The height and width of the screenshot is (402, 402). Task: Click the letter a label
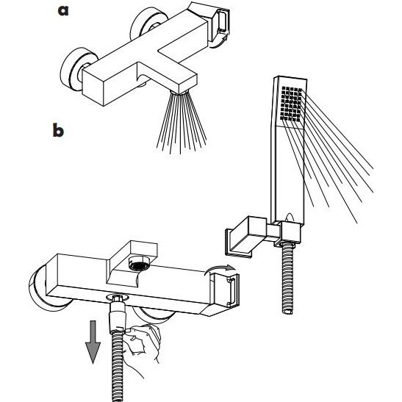click(63, 10)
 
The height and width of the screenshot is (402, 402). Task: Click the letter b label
click(58, 130)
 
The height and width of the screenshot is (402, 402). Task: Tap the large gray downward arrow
click(93, 342)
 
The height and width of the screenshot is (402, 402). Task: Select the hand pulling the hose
click(143, 343)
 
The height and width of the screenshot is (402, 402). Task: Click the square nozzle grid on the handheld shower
click(292, 104)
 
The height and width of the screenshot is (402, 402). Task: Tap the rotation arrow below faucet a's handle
click(218, 42)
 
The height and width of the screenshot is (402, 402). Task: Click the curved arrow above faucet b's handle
click(220, 269)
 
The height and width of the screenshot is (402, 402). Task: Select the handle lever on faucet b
click(226, 290)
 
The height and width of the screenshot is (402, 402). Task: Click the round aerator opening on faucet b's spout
click(140, 265)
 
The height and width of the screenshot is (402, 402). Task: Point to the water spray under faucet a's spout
click(182, 122)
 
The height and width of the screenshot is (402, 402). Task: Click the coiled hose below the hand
click(118, 367)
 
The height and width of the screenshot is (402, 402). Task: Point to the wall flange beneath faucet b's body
click(154, 315)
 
